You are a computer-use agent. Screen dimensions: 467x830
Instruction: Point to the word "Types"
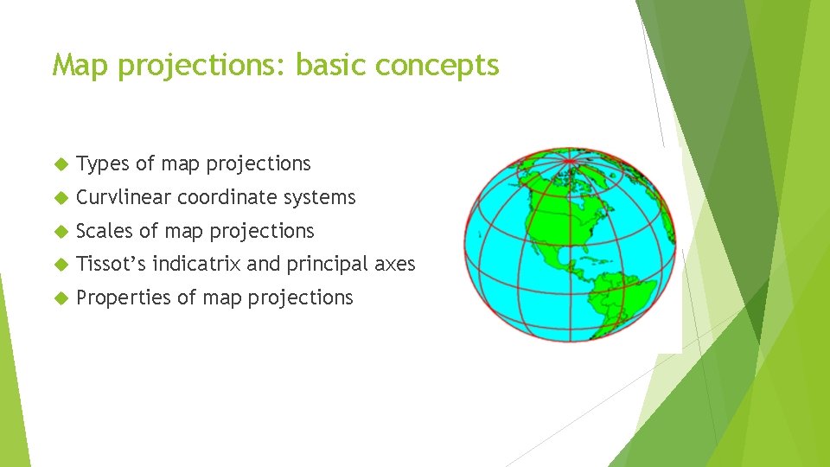click(103, 164)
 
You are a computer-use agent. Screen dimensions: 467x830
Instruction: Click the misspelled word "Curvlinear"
click(123, 198)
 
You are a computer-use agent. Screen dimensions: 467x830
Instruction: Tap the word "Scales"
click(105, 231)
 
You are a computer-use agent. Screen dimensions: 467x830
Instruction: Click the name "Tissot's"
click(112, 264)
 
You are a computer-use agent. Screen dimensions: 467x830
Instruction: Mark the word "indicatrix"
click(196, 264)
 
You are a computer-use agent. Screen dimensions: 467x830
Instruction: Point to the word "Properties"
click(124, 297)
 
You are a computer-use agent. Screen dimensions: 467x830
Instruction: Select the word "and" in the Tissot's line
click(264, 264)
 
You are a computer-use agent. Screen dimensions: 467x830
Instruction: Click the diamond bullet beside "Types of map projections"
click(60, 164)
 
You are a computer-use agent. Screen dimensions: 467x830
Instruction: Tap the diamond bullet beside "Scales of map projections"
click(60, 232)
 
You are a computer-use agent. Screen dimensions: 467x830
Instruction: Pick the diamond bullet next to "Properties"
click(60, 298)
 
